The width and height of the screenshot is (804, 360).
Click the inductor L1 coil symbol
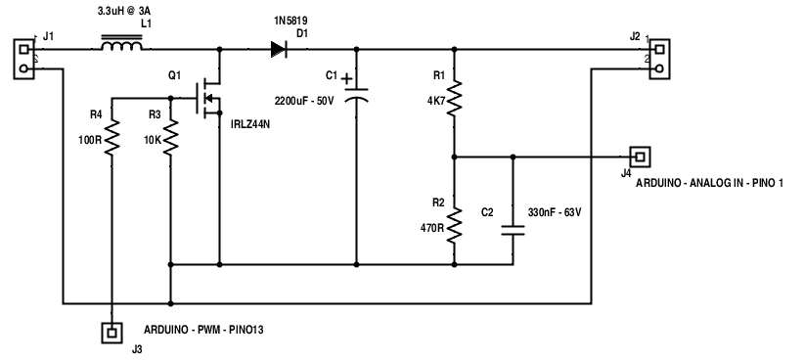pyautogui.click(x=121, y=44)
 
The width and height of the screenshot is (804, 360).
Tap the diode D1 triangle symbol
pyautogui.click(x=279, y=49)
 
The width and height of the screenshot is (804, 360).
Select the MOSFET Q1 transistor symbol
pyautogui.click(x=208, y=98)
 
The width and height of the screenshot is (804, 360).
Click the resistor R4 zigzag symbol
pyautogui.click(x=112, y=137)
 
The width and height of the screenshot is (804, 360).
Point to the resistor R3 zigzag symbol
pyautogui.click(x=171, y=137)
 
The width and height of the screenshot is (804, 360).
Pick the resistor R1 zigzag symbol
pyautogui.click(x=454, y=98)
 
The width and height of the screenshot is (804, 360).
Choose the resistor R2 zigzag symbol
pyautogui.click(x=454, y=226)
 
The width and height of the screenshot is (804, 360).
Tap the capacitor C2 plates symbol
pyautogui.click(x=514, y=230)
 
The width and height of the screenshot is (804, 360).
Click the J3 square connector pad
pyautogui.click(x=112, y=333)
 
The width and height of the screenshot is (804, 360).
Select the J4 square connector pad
pyautogui.click(x=640, y=157)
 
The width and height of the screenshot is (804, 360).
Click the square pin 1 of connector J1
pyautogui.click(x=23, y=49)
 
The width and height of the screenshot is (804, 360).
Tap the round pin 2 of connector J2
pyautogui.click(x=660, y=68)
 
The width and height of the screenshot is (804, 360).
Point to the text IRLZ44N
pyautogui.click(x=249, y=124)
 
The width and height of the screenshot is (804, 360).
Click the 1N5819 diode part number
pyautogui.click(x=290, y=21)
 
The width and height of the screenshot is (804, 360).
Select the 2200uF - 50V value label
pyautogui.click(x=304, y=101)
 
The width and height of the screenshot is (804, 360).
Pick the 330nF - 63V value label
pyautogui.click(x=555, y=212)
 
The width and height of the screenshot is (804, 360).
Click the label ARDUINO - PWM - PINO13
pyautogui.click(x=203, y=330)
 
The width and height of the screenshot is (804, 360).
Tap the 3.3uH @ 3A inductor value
pyautogui.click(x=124, y=11)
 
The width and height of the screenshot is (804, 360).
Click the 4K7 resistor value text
pyautogui.click(x=436, y=101)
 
